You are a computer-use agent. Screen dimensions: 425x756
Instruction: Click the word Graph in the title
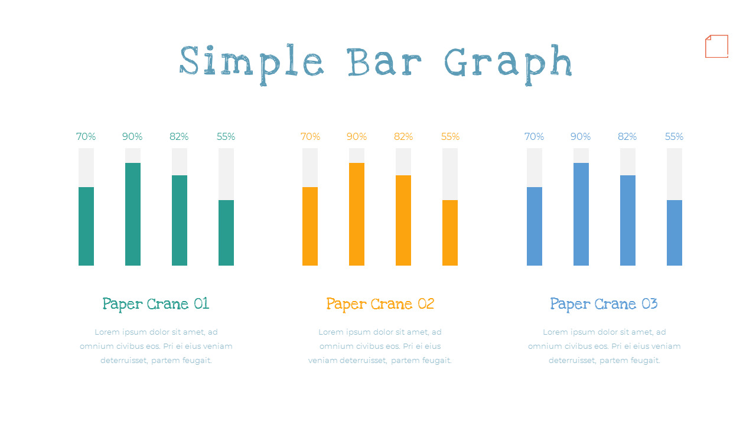508,63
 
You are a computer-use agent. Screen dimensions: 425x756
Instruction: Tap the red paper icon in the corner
716,47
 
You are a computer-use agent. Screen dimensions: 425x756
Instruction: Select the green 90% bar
133,214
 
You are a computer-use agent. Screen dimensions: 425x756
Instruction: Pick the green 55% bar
226,233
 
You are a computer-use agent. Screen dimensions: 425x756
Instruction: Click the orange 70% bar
310,226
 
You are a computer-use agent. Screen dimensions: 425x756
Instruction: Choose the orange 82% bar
403,220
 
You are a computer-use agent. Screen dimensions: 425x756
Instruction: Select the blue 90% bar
581,214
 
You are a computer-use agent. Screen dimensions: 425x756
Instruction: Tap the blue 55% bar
674,233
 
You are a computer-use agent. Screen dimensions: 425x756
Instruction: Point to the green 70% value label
86,137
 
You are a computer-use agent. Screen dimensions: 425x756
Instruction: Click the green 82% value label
179,137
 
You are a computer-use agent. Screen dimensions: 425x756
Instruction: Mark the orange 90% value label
357,137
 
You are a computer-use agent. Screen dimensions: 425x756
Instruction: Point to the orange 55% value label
450,137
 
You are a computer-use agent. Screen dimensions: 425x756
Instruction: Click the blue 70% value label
535,137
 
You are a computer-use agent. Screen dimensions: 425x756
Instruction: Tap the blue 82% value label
627,137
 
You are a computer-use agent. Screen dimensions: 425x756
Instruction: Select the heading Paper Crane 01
156,304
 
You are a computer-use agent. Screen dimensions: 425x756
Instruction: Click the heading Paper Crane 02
380,304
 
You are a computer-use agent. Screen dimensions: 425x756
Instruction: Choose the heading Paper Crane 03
604,304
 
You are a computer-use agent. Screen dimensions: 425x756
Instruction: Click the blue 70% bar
535,226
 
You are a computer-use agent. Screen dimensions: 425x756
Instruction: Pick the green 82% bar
180,220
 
